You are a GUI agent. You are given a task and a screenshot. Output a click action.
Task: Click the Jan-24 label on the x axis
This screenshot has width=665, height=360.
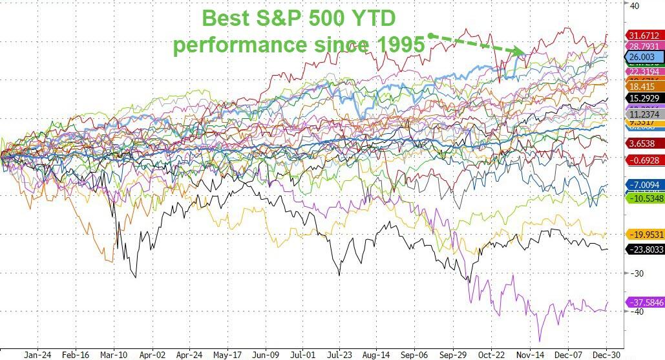tap(37, 355)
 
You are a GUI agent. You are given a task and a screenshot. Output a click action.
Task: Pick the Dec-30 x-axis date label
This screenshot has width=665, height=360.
tap(604, 355)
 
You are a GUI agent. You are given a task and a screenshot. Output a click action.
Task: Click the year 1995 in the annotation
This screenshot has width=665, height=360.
tap(398, 45)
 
